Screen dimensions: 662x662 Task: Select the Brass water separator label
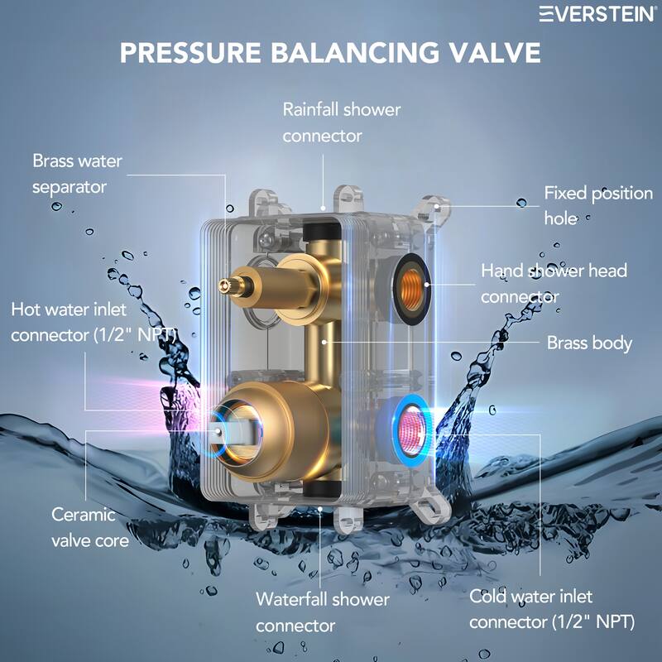(x=76, y=173)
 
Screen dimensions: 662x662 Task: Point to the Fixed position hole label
(x=597, y=206)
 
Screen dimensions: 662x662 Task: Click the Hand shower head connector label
(x=554, y=282)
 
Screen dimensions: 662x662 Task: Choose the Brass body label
(x=589, y=342)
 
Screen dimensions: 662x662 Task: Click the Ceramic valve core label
(x=90, y=527)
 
